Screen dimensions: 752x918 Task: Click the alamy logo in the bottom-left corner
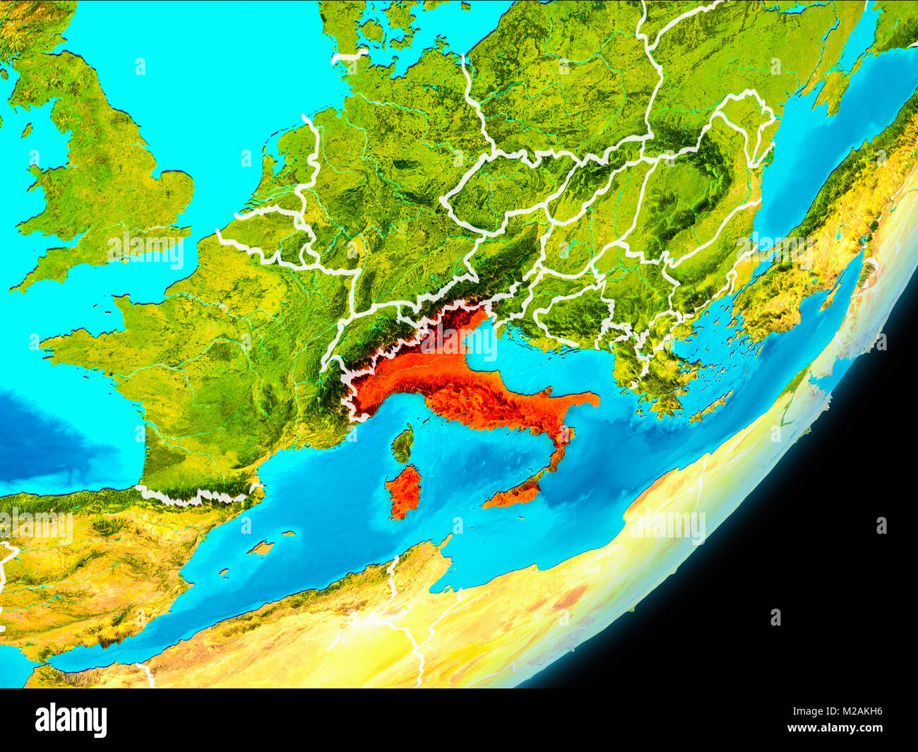71,720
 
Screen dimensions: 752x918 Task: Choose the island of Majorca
261,547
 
